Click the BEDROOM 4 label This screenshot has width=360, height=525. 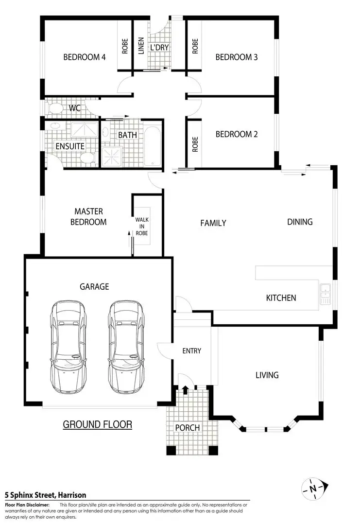coord(85,57)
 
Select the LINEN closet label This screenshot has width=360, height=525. coord(141,46)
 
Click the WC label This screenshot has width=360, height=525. coord(74,107)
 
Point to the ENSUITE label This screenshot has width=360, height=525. coord(70,146)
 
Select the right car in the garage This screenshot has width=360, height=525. coord(126,347)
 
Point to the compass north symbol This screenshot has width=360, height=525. coord(313,488)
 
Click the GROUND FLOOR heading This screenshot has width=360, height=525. coord(97,424)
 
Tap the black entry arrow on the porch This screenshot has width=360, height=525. coord(186,389)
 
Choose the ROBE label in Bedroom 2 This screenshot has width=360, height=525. coord(195,144)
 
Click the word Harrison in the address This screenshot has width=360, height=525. coord(72,495)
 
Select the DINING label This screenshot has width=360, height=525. coord(300,222)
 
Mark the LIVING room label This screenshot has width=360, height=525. coord(267,375)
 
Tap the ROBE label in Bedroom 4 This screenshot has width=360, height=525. coord(125,46)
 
